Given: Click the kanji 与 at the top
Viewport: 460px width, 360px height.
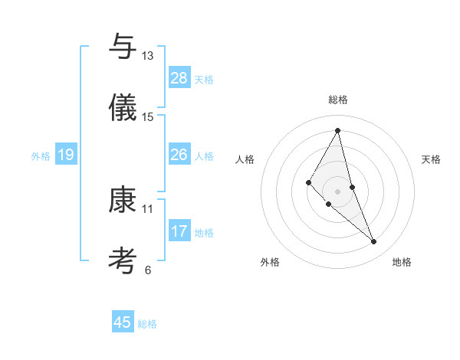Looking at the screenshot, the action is pos(123,47).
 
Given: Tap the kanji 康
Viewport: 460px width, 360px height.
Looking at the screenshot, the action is pos(123,200).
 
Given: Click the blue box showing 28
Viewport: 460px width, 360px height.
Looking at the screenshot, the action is pos(179,78).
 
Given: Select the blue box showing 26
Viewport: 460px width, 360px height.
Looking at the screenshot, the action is pos(179,155).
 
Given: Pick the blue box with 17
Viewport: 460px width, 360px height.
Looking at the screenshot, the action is pos(179,231).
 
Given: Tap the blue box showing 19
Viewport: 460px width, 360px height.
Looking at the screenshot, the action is pos(66,155).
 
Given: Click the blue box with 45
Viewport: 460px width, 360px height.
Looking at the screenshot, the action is pos(123,322).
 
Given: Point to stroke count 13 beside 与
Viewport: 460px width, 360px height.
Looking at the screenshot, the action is pos(147,56).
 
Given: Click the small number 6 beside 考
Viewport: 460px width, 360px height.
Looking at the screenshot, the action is pos(148,270).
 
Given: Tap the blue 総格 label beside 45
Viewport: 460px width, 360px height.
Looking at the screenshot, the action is pos(147,324).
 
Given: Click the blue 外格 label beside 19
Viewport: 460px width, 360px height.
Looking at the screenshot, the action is pos(41,156).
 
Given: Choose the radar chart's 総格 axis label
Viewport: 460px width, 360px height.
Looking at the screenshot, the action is pos(337,100).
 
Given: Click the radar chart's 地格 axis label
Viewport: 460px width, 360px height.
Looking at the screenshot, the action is pos(402,263).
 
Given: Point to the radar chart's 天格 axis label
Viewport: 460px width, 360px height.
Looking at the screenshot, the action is pos(432,159).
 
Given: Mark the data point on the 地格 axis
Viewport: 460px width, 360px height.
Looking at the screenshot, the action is pos(374,242).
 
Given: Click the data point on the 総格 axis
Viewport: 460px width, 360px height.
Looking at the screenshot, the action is pos(337,130).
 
